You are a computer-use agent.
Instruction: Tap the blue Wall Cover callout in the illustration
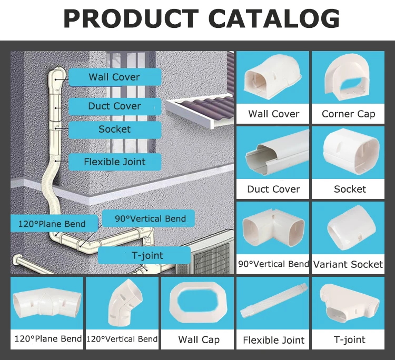click(x=114, y=77)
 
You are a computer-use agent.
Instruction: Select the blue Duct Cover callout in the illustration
click(x=114, y=106)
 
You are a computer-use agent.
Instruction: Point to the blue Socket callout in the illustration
click(x=114, y=129)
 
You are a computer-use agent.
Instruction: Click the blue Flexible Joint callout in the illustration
click(x=114, y=162)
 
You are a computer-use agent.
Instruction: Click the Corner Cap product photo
click(x=349, y=79)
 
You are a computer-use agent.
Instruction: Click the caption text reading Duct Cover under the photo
click(x=273, y=189)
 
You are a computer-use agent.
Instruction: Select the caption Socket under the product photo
click(x=350, y=189)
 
